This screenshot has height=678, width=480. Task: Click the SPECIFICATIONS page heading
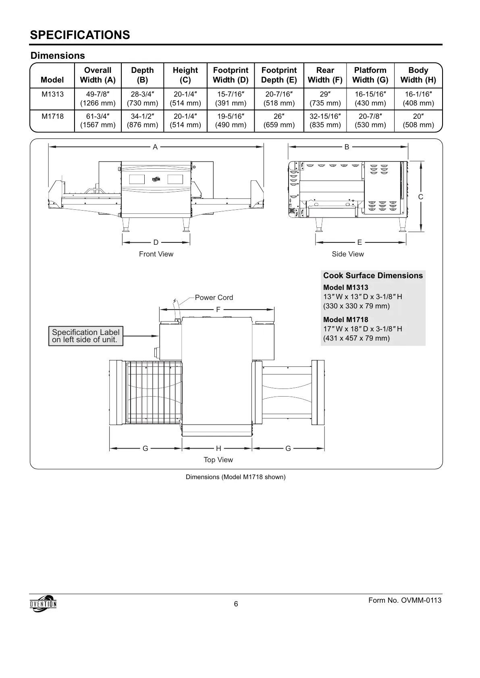point(80,35)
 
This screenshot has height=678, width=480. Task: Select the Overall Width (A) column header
point(98,75)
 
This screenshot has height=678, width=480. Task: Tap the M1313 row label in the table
point(52,94)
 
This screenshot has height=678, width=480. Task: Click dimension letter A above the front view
point(155,147)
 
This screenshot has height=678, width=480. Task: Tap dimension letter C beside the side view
point(420,197)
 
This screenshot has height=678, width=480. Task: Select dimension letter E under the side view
point(359,242)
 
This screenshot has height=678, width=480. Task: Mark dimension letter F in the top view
point(218,310)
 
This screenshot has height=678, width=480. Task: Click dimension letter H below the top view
point(218,449)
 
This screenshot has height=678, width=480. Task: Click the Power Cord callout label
point(214,298)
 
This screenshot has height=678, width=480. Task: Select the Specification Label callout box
point(85,336)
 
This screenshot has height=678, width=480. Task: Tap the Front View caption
point(156,254)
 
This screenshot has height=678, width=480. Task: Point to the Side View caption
point(347,254)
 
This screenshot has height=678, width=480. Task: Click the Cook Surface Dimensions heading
point(373,276)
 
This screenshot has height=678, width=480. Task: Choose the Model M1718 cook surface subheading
point(345,320)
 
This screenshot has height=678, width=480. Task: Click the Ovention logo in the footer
point(43,604)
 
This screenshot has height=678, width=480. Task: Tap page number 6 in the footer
point(236,604)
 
